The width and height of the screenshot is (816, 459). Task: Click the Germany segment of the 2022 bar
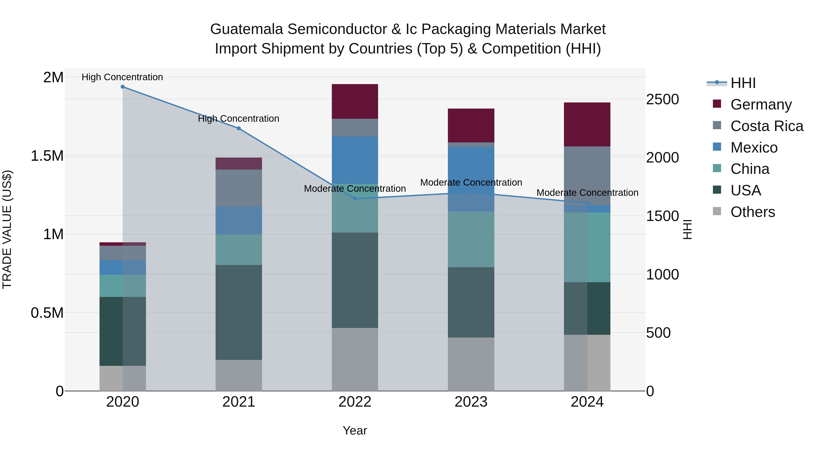pos(355,101)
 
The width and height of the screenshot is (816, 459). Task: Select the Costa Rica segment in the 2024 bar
pos(587,176)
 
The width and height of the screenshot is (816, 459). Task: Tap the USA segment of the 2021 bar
pos(238,312)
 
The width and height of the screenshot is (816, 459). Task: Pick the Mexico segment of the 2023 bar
pos(471,179)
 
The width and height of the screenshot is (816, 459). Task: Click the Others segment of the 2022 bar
pos(355,359)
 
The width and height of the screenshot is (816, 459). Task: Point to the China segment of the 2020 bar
pos(123,286)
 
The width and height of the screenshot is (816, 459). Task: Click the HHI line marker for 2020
pos(123,87)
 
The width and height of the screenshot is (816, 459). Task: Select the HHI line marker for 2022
pos(355,199)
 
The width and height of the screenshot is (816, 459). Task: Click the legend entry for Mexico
pos(754,148)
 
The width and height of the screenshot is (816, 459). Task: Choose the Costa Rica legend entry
pos(767,126)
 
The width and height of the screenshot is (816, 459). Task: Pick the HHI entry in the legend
pos(743,83)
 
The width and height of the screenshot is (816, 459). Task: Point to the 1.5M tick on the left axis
pos(47,156)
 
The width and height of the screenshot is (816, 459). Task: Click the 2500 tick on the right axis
pos(662,100)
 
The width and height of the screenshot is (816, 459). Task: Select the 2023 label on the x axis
pos(471,402)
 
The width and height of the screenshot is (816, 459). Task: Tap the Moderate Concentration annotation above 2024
pos(587,193)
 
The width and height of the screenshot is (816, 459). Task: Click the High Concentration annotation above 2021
pos(238,119)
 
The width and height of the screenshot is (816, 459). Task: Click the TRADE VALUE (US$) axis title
pos(7,229)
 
